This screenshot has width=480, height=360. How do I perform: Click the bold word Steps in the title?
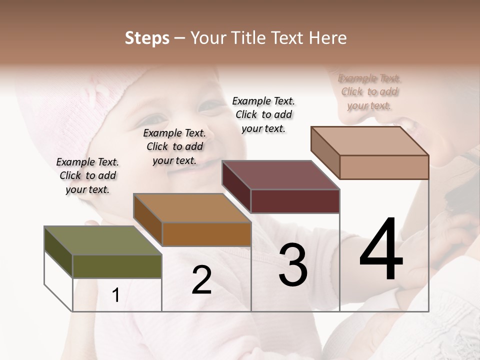point(147,38)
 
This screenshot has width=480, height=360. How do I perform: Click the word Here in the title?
point(328,38)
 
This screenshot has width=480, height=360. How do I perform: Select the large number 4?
point(381,250)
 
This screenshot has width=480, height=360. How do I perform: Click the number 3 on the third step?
point(292,265)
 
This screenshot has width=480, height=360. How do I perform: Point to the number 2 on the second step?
point(201,280)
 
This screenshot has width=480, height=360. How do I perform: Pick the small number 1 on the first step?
point(116,295)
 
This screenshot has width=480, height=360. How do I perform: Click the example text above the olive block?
point(87,175)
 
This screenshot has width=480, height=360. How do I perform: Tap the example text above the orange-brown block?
point(174,146)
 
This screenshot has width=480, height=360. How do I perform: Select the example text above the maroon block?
point(263,114)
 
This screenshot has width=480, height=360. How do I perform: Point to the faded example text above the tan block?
point(369,91)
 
